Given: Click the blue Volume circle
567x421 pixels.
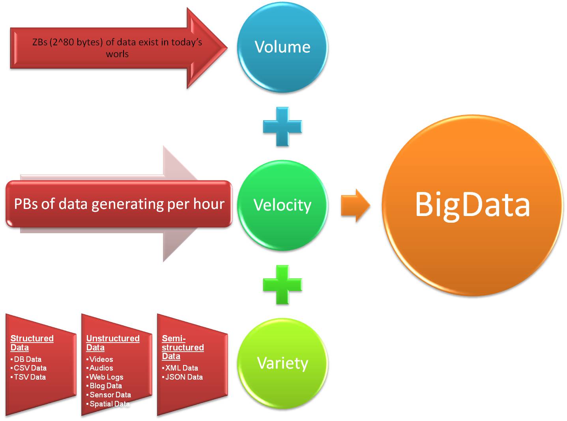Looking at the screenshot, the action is [x=283, y=47].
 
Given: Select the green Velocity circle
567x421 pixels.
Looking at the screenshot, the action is [x=283, y=205].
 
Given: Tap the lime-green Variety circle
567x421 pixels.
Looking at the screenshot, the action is [x=283, y=363].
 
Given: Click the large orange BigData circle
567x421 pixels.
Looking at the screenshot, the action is [x=472, y=205].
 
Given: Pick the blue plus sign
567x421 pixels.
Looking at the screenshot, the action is [x=283, y=127].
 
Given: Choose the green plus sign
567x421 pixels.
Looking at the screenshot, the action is [x=283, y=285].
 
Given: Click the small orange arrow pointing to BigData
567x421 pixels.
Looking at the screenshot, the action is [x=356, y=205].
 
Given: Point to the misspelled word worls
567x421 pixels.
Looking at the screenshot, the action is [x=117, y=54].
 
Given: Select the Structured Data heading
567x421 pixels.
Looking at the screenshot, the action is [x=32, y=343].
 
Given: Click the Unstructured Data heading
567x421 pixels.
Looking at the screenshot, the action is [x=113, y=343].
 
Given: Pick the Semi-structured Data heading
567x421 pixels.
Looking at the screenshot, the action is [x=183, y=347].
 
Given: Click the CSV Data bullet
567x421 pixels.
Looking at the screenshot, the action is [x=29, y=368].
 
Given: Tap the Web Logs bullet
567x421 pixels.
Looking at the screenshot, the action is [x=105, y=377].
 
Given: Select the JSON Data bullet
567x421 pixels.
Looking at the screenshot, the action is [x=183, y=377].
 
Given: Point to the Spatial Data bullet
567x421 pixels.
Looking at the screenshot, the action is [x=108, y=404].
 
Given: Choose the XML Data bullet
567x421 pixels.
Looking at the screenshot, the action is [x=180, y=368].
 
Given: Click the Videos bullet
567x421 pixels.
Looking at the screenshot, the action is [x=100, y=359].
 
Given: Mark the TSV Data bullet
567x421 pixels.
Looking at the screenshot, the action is [x=28, y=377].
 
